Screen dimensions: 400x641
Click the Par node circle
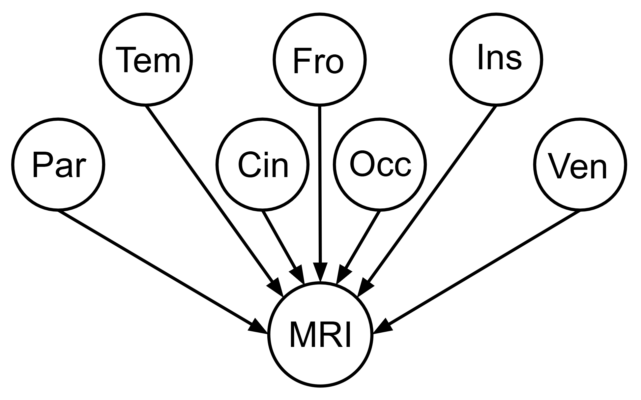pyautogui.click(x=58, y=164)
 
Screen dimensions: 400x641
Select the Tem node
pyautogui.click(x=146, y=60)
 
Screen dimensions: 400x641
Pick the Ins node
pyautogui.click(x=496, y=60)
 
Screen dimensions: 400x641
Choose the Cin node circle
pyautogui.click(x=263, y=164)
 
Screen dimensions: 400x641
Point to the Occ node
pyautogui.click(x=380, y=164)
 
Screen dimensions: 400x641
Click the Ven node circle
pyautogui.click(x=580, y=164)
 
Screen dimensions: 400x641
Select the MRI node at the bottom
pyautogui.click(x=320, y=334)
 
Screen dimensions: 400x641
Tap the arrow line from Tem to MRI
pyautogui.click(x=211, y=196)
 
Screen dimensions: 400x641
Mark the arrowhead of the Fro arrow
pyautogui.click(x=320, y=272)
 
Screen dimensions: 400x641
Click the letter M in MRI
pyautogui.click(x=301, y=335)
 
